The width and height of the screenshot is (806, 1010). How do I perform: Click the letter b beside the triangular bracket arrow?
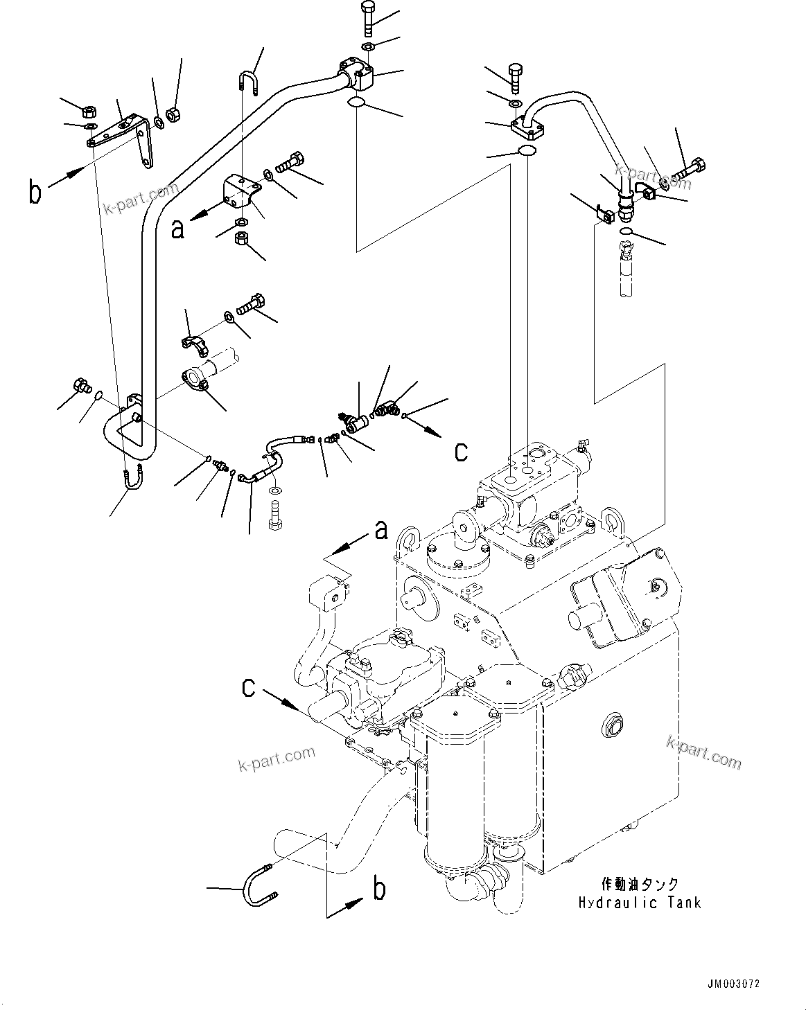[35, 192]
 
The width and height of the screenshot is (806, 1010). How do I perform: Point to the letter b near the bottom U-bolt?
[379, 889]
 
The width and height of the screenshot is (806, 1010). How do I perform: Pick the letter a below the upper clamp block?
[178, 229]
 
